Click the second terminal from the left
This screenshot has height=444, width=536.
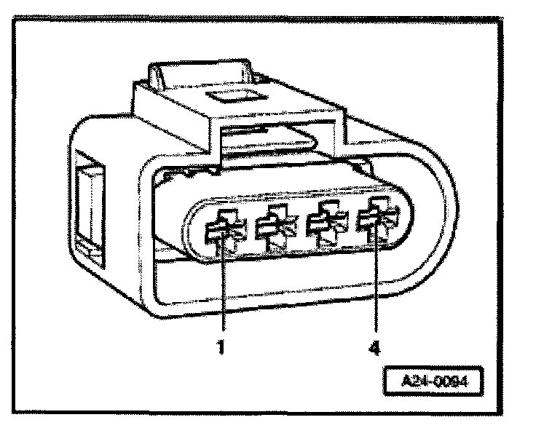pyautogui.click(x=273, y=229)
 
